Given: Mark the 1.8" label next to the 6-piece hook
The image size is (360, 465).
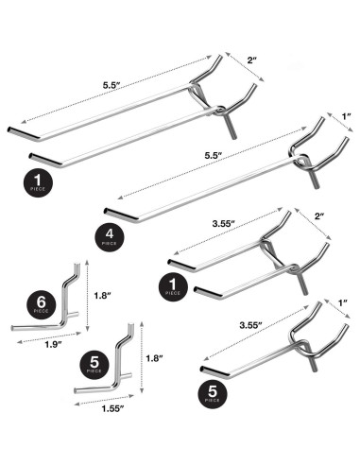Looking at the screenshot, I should [x=103, y=295].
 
